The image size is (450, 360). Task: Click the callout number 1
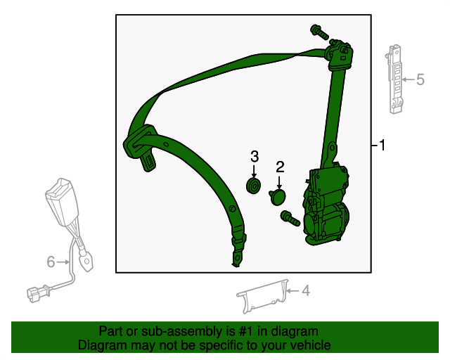pos(382,146)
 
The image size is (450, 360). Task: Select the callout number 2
pos(280,167)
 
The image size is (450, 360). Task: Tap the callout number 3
pos(255,155)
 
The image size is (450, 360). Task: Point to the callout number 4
pos(305,290)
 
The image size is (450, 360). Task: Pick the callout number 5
pos(420,79)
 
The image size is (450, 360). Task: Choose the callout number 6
pos(51,262)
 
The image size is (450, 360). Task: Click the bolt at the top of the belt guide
pos(318,31)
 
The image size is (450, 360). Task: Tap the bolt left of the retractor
pos(289,219)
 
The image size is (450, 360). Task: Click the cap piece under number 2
pos(278,196)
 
